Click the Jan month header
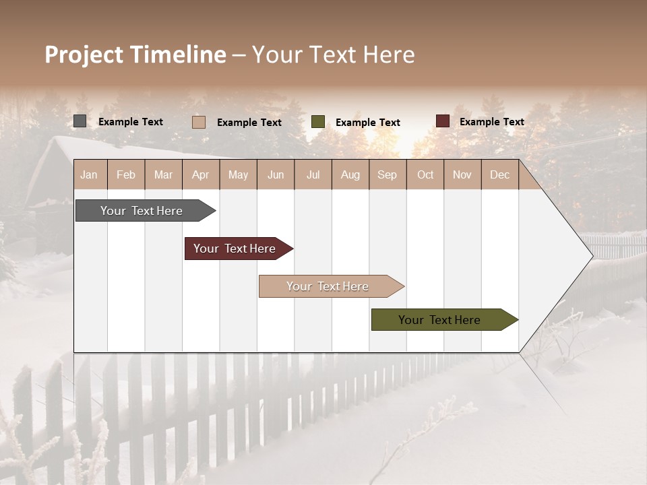pos(89,174)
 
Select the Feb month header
pos(126,174)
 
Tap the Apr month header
pos(200,174)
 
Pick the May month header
pos(238,174)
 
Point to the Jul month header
pos(313,174)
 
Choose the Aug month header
pos(350,174)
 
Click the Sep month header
pos(387,174)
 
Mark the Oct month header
pos(425,174)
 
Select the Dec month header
pos(499,174)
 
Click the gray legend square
pos(80,121)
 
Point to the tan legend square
pos(198,122)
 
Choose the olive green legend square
pos(317,122)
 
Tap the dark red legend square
pos(442,121)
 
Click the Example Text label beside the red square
pos(491,122)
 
